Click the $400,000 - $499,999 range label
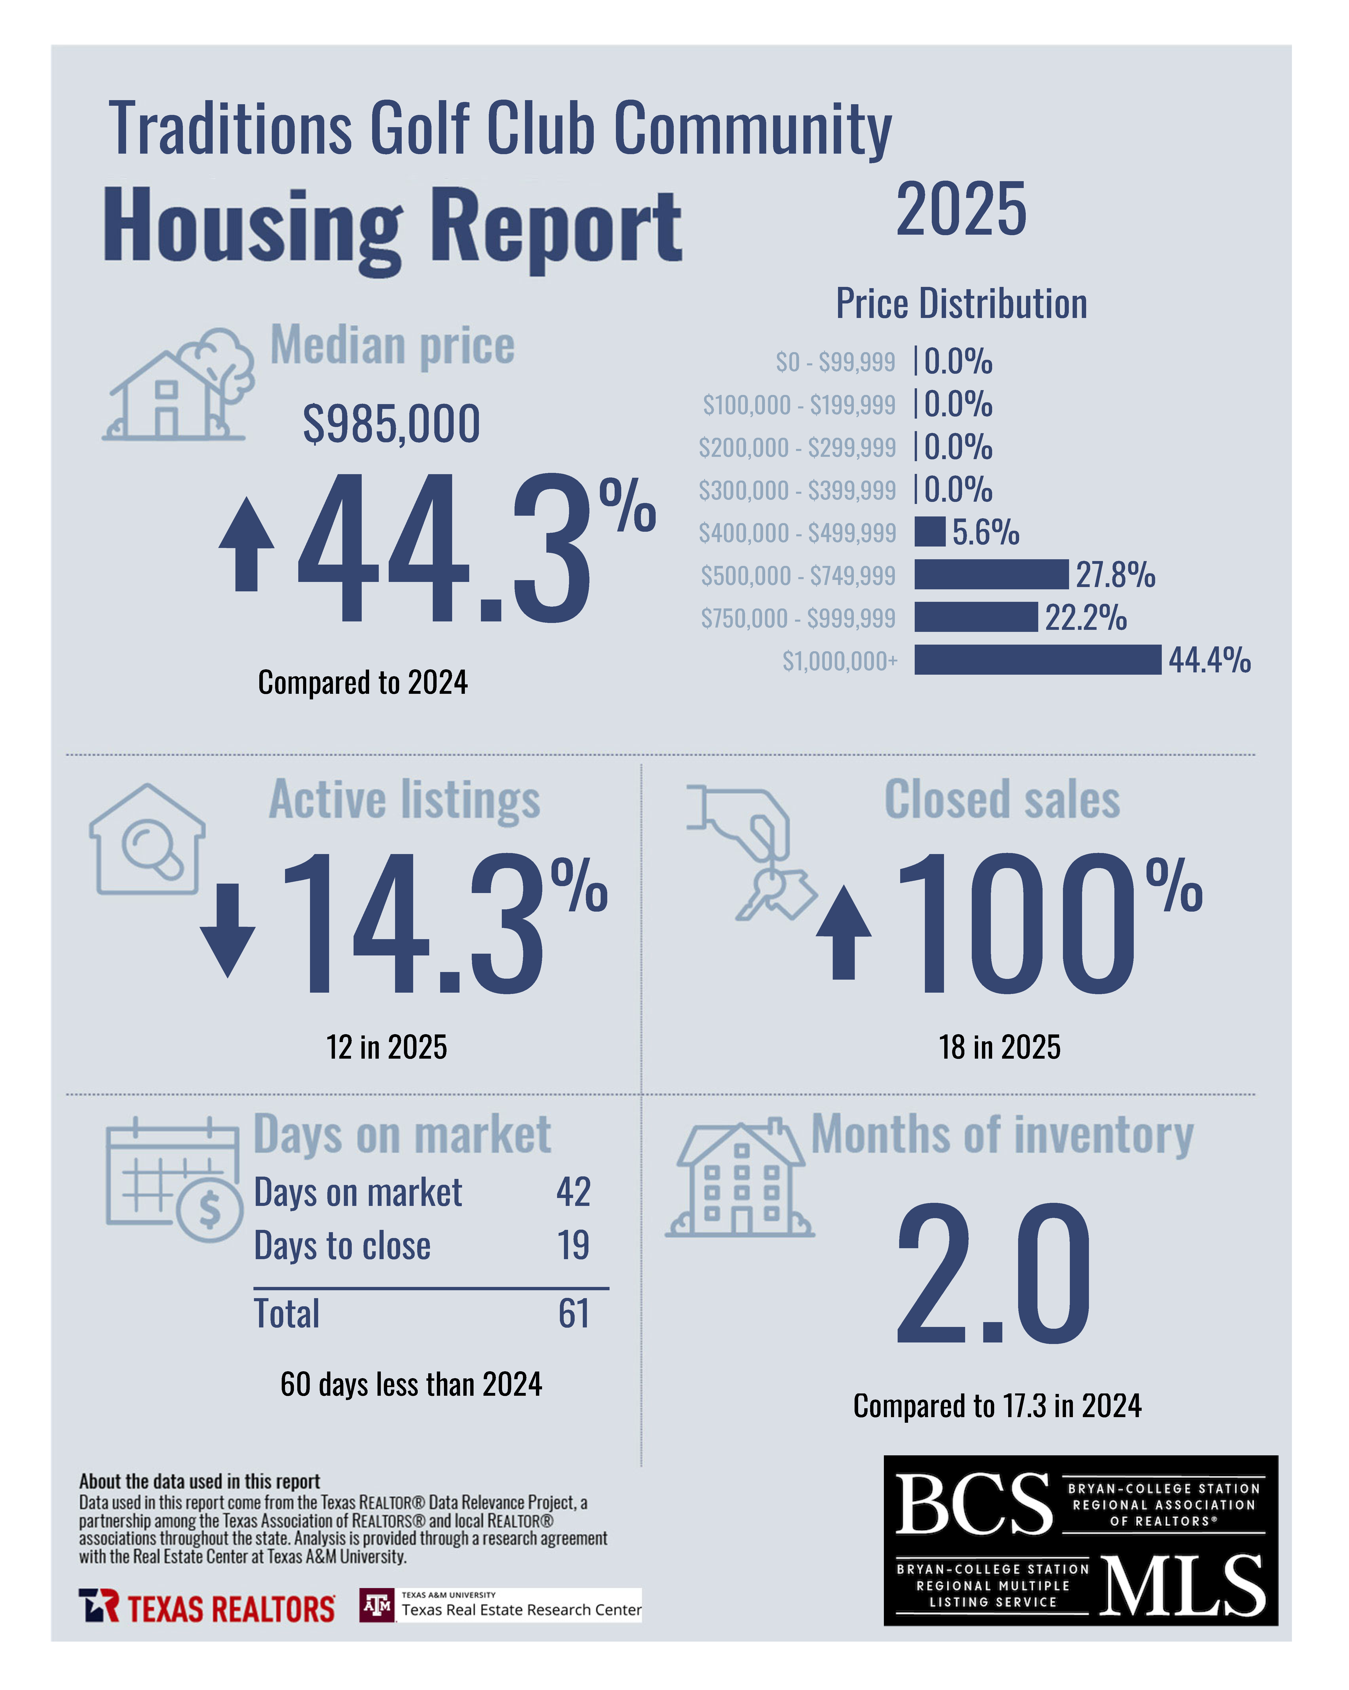[x=797, y=533]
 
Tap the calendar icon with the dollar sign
[x=174, y=1180]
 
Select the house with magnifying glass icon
[x=147, y=840]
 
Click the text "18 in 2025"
[x=1000, y=1047]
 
